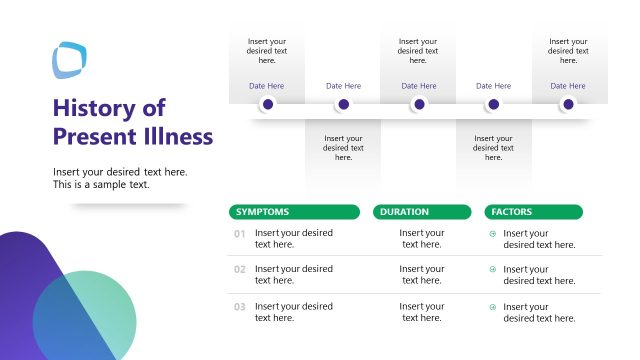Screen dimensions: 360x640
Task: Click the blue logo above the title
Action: (70, 59)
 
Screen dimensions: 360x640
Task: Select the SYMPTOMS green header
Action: (294, 212)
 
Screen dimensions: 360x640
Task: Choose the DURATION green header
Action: (421, 212)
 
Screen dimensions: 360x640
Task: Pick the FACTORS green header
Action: (533, 212)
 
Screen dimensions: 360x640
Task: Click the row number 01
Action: (240, 234)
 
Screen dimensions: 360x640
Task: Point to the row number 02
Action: (240, 270)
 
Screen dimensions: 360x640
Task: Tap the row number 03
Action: (240, 307)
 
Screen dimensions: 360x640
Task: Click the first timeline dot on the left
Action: (267, 104)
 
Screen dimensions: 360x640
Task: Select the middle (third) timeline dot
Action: (419, 104)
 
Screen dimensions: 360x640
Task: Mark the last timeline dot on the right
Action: (568, 104)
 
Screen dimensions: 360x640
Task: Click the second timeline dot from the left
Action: (343, 104)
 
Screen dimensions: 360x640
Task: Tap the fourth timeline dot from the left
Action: (493, 104)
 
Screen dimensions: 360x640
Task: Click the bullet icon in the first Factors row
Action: (492, 234)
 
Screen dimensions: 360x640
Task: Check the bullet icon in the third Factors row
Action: (492, 307)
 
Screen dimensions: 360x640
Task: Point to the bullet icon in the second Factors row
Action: (492, 270)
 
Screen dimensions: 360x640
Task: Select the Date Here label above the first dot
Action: (267, 86)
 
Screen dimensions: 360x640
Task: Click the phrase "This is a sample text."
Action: (101, 185)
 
